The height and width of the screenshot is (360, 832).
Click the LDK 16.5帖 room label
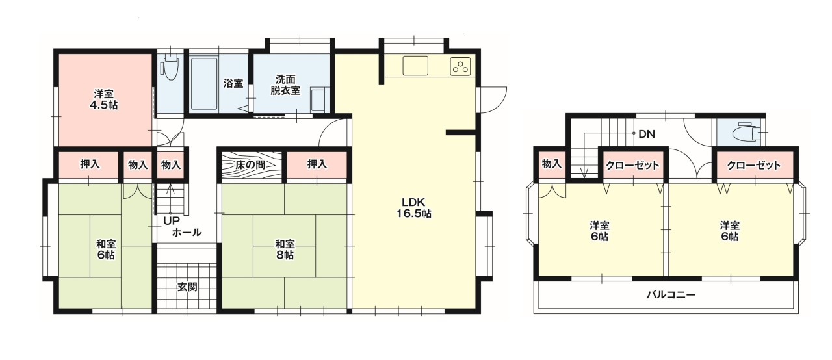[x=413, y=208]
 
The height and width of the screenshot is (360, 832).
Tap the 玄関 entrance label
[x=187, y=287]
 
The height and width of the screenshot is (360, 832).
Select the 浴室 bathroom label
[x=233, y=83]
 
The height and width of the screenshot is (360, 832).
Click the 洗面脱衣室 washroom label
[x=285, y=84]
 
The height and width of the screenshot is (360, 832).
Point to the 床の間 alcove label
[x=250, y=165]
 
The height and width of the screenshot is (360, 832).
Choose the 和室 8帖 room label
[x=285, y=250]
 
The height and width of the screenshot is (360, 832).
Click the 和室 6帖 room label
[x=106, y=250]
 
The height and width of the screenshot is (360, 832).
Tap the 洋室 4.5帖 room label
[x=103, y=99]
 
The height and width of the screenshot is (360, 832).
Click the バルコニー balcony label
[x=671, y=295]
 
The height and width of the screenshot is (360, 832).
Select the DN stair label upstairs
[x=647, y=134]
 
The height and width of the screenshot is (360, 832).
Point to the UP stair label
[x=172, y=221]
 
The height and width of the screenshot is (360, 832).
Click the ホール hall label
[x=187, y=233]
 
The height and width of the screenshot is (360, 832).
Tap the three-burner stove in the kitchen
[x=461, y=67]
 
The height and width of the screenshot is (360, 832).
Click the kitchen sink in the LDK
[x=415, y=66]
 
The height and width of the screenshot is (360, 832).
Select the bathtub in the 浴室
[x=204, y=84]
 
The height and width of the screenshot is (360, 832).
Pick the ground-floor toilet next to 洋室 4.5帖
[x=170, y=67]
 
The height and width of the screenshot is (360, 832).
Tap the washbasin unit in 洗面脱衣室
[x=318, y=99]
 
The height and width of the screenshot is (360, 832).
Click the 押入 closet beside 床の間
[x=317, y=164]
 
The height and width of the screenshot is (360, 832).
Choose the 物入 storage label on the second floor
[x=551, y=163]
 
